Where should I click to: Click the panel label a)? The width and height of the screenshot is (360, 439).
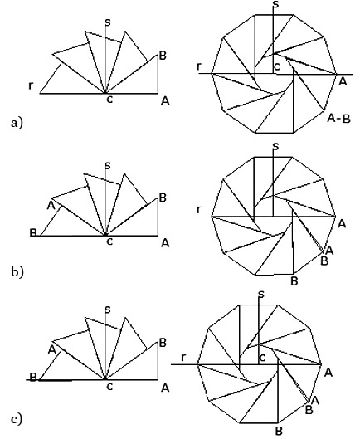coord(17,123)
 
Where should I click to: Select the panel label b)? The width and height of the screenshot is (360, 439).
coord(17,271)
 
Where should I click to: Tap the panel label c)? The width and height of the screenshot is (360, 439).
coord(17,419)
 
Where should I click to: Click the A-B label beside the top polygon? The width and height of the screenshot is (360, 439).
coord(338,119)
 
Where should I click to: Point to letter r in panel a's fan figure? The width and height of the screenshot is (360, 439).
coord(31,85)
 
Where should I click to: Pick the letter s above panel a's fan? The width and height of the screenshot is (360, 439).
coord(108,22)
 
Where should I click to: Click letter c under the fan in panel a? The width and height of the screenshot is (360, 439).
coord(109,100)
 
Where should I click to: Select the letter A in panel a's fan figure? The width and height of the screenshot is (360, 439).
coord(165,100)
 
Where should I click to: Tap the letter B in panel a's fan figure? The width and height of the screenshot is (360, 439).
coord(163,56)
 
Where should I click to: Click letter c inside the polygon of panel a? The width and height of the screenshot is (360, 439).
coord(276,66)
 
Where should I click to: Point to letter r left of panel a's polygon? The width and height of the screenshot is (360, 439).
coord(199,66)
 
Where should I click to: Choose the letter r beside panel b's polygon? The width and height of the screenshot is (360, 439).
coord(199,209)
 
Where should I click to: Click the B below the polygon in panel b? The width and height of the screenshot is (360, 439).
coord(294,280)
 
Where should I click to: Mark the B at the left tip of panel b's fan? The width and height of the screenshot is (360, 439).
coord(33,233)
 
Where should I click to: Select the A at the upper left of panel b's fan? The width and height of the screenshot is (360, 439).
coord(51,206)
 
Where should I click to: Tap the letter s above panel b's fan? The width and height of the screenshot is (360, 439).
coord(108,165)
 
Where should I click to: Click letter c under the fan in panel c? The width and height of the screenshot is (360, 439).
coord(109,387)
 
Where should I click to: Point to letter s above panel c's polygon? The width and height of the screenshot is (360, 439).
coord(261,294)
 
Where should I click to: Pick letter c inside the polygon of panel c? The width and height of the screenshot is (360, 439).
coord(262,357)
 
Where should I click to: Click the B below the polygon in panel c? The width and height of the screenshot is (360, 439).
coord(279,431)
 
